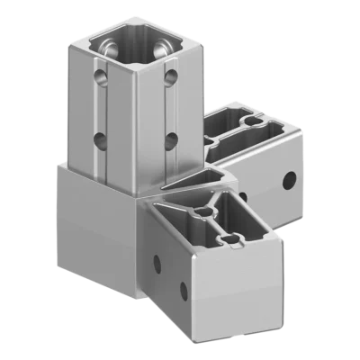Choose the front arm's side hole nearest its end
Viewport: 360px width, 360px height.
pyautogui.click(x=184, y=289)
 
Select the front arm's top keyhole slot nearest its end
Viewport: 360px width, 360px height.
pyautogui.click(x=233, y=239)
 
